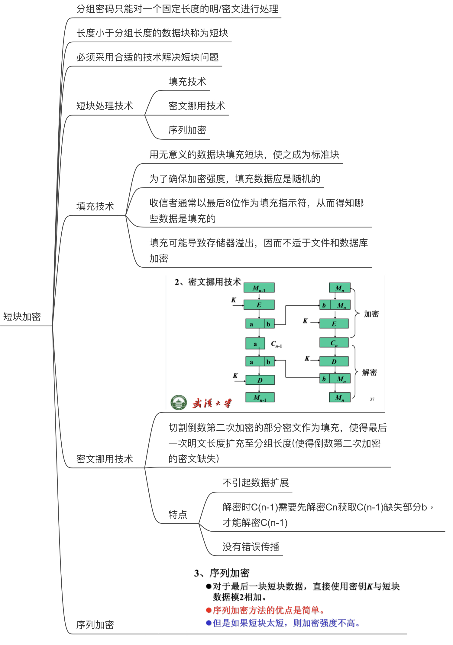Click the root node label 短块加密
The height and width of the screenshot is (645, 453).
pyautogui.click(x=22, y=317)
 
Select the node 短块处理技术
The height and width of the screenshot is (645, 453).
pyautogui.click(x=104, y=106)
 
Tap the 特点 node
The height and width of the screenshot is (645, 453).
pyautogui.click(x=178, y=514)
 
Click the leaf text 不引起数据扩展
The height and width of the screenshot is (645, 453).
pyautogui.click(x=256, y=483)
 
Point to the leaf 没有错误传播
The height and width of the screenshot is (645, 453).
pyautogui.click(x=251, y=546)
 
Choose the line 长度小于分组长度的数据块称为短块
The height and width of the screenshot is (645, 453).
pyautogui.click(x=152, y=33)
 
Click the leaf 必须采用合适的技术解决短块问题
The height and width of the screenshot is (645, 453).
pyautogui.click(x=147, y=57)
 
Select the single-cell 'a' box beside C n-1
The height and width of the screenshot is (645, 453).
pyautogui.click(x=255, y=344)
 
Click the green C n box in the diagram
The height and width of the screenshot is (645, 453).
pyautogui.click(x=334, y=343)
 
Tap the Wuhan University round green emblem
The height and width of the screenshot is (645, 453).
pyautogui.click(x=179, y=402)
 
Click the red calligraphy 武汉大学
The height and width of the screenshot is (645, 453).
pyautogui.click(x=212, y=403)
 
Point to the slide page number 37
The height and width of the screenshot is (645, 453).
pyautogui.click(x=372, y=399)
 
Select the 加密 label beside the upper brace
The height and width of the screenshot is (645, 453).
pyautogui.click(x=371, y=314)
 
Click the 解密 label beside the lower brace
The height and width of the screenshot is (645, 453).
pyautogui.click(x=369, y=372)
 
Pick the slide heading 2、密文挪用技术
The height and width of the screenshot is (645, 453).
pyautogui.click(x=208, y=282)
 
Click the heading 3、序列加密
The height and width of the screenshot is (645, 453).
pyautogui.click(x=222, y=573)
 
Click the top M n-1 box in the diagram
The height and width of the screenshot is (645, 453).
pyautogui.click(x=259, y=288)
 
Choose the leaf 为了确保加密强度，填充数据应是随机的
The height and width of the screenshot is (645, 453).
pyautogui.click(x=235, y=179)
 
